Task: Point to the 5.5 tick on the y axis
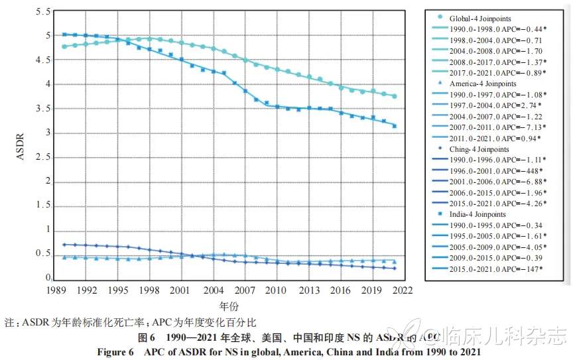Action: pyautogui.click(x=43, y=13)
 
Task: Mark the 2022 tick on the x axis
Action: pyautogui.click(x=403, y=290)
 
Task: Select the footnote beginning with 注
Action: pyautogui.click(x=130, y=324)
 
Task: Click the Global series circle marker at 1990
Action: pyautogui.click(x=64, y=46)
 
